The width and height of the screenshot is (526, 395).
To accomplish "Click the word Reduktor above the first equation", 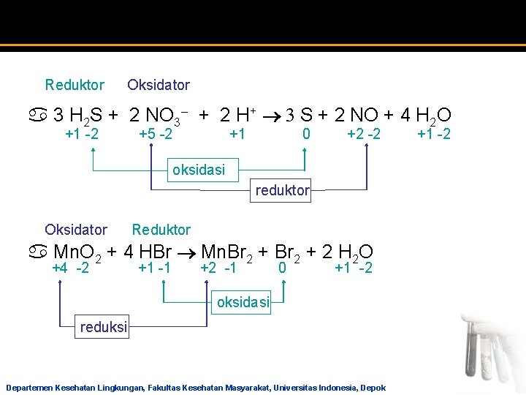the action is pyautogui.click(x=75, y=85).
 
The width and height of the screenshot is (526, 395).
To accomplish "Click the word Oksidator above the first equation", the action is pyautogui.click(x=159, y=85).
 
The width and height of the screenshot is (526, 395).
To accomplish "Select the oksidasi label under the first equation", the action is pyautogui.click(x=198, y=170).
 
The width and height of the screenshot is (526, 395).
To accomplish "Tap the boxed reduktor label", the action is pyautogui.click(x=282, y=192).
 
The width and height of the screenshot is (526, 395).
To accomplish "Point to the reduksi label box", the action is pyautogui.click(x=103, y=328).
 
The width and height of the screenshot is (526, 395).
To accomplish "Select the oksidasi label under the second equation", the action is pyautogui.click(x=242, y=301).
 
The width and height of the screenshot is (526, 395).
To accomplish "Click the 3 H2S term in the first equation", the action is pyautogui.click(x=79, y=115).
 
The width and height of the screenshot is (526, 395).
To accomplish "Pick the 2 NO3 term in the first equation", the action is pyautogui.click(x=159, y=115).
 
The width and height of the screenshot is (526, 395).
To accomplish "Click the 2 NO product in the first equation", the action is pyautogui.click(x=356, y=115).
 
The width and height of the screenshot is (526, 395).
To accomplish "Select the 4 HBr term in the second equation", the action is pyautogui.click(x=148, y=253).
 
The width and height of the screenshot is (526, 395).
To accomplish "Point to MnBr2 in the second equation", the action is pyautogui.click(x=226, y=253).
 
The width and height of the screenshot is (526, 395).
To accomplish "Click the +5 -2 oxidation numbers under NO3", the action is pyautogui.click(x=156, y=134).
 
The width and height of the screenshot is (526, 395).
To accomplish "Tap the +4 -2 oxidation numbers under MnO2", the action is pyautogui.click(x=71, y=268).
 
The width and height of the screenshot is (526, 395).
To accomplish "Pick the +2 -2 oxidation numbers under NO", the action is pyautogui.click(x=363, y=134).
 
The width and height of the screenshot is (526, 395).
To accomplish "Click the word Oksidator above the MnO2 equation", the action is pyautogui.click(x=76, y=230).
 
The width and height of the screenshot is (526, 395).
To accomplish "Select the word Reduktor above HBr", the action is pyautogui.click(x=161, y=230).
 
